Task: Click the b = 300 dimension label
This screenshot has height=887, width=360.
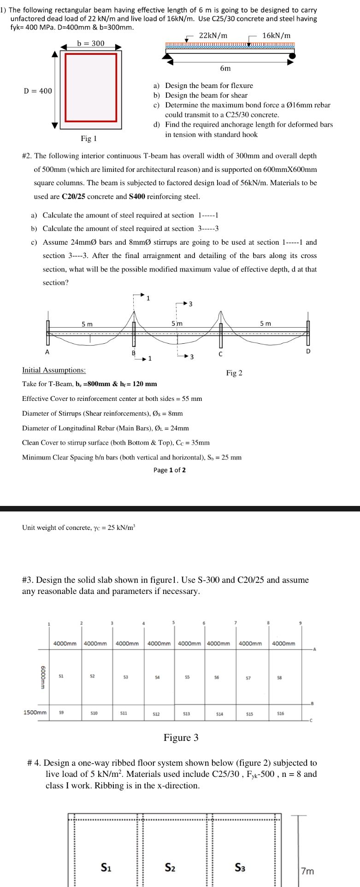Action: (x=91, y=43)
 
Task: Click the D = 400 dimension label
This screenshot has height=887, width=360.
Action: (x=38, y=91)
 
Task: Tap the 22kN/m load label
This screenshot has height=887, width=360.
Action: (x=213, y=35)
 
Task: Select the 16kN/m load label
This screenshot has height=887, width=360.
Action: (x=276, y=35)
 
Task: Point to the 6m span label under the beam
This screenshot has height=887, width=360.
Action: (x=225, y=68)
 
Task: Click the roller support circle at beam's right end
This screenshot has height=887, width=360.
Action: (x=292, y=56)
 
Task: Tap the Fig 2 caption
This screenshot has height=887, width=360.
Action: (x=234, y=373)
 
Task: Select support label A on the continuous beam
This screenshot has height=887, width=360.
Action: (x=47, y=352)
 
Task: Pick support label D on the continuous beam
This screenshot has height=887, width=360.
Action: (x=308, y=351)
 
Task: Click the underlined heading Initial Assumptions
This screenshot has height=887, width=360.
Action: (x=54, y=370)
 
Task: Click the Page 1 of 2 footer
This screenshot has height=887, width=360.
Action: (x=170, y=470)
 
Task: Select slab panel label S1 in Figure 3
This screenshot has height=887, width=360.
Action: (x=61, y=676)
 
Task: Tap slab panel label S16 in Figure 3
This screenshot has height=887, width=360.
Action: (x=281, y=713)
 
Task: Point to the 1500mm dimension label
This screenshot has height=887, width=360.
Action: (x=35, y=713)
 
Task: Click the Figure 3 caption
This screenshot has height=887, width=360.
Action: (x=181, y=738)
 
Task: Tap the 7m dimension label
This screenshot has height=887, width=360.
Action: (x=307, y=871)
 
